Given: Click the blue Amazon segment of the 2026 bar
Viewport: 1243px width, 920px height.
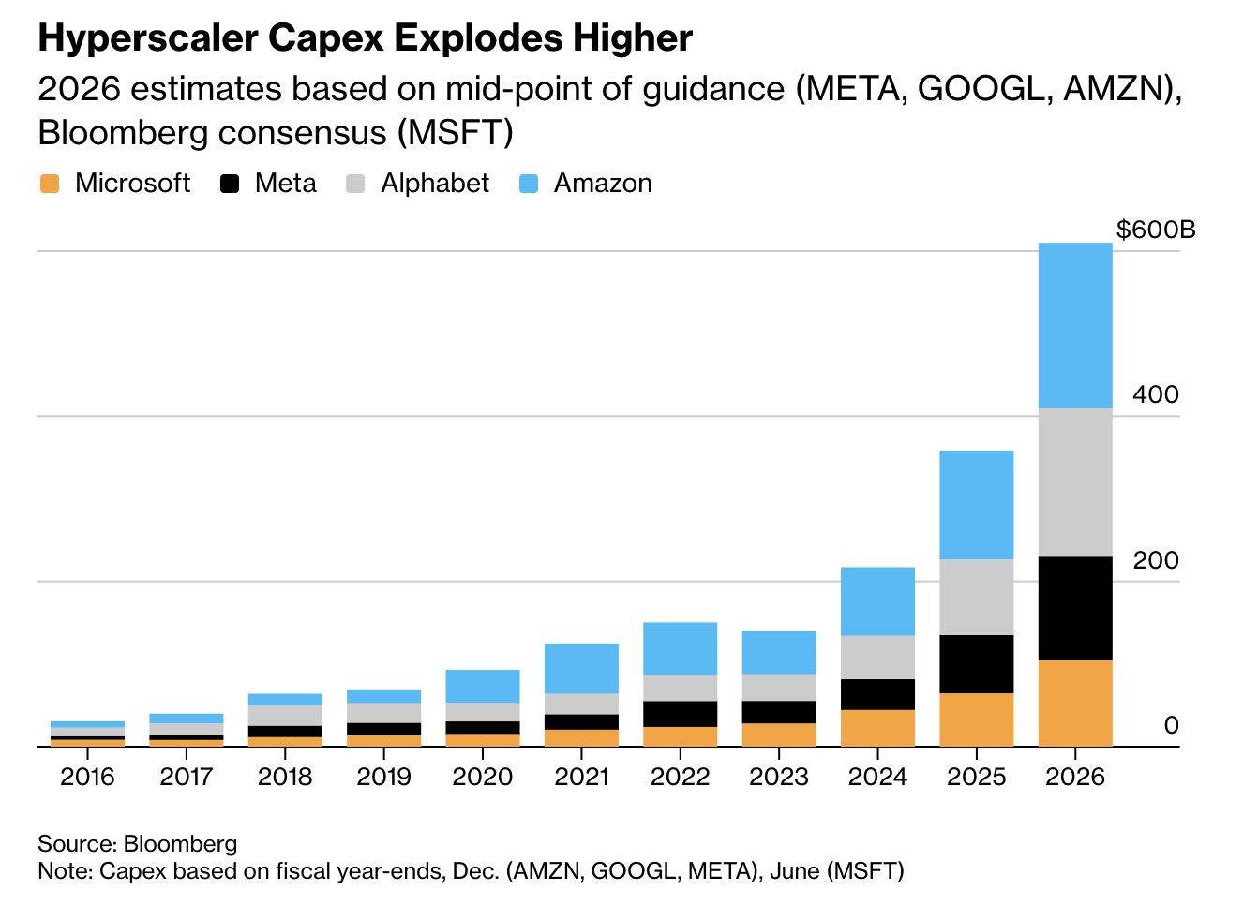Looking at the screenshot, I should point(1074,325).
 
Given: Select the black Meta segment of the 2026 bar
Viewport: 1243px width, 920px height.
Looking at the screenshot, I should point(1074,608).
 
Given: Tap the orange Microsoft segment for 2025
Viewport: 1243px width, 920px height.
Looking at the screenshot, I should point(976,720).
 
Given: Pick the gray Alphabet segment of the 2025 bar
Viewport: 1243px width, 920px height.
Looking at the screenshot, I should point(976,597).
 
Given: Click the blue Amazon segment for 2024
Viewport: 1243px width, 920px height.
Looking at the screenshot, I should point(877,601).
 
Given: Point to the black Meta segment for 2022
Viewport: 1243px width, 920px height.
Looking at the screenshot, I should point(680,714).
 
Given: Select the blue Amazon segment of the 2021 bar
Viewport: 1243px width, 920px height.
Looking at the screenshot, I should point(581,668).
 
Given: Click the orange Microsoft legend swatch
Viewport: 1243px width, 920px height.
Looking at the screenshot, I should point(50,184).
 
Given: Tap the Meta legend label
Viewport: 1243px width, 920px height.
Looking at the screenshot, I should point(285,184).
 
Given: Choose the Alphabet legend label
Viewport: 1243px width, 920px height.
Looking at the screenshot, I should point(434,184).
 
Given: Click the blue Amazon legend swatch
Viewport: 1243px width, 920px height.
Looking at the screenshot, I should point(529,184).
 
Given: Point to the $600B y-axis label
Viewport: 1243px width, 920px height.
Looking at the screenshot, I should point(1155,230).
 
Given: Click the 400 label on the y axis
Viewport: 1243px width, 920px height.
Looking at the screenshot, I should point(1155,394).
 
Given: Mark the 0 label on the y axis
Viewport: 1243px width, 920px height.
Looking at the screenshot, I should point(1171,725).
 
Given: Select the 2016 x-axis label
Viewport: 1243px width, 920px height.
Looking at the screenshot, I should point(87,777).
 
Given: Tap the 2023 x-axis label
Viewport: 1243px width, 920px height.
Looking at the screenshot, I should point(779,777).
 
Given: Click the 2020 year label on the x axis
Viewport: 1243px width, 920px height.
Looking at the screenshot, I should point(482,777).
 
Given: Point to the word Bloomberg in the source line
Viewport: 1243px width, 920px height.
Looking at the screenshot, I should point(180,843).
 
